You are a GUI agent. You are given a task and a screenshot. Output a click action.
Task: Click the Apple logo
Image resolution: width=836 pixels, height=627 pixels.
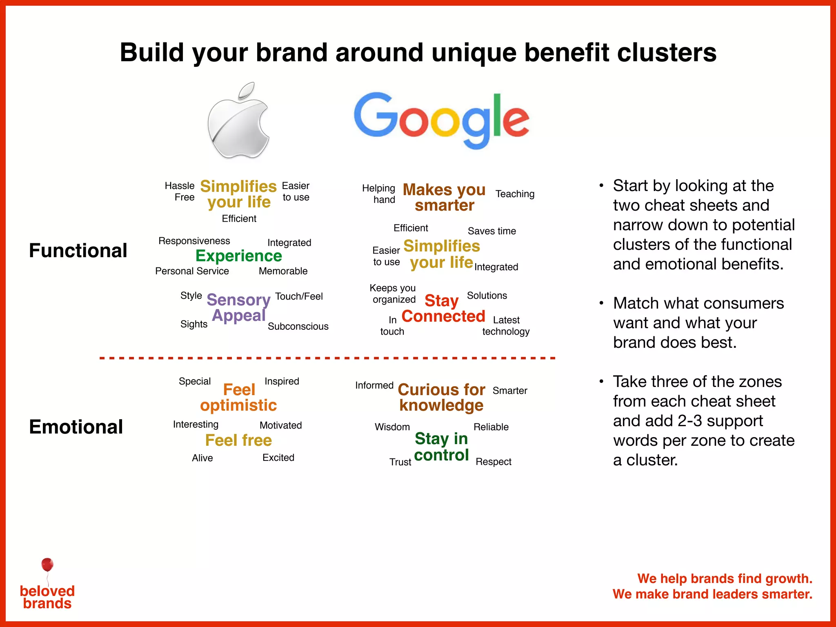coord(239,122)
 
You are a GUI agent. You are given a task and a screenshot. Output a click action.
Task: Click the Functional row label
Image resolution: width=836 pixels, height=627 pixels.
coord(78,250)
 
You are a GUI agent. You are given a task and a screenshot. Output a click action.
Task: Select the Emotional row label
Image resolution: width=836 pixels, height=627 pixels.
coord(76,427)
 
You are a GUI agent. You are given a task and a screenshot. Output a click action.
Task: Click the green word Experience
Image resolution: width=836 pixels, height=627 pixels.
coord(239,256)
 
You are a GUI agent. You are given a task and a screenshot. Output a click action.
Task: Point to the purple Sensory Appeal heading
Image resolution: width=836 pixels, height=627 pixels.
coord(239,307)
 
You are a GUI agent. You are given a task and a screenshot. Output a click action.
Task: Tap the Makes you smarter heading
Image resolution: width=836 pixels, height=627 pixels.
coord(444,197)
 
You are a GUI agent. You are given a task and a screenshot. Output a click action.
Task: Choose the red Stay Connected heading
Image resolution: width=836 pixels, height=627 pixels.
coord(443,309)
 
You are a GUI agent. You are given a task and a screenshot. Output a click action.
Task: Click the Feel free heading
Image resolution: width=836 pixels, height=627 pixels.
coord(238,440)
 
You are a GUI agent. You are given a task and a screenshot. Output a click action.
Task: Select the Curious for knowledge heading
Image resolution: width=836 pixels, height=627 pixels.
coord(441,397)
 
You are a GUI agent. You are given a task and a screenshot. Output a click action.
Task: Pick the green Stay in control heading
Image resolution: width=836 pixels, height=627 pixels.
coord(441,447)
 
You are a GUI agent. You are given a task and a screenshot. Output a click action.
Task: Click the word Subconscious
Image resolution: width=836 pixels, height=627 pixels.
coord(298,327)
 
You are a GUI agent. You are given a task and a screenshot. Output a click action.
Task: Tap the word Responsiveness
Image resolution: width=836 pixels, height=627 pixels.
coord(194,241)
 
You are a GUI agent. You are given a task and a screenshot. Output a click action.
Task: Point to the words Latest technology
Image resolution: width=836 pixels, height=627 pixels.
coord(506,326)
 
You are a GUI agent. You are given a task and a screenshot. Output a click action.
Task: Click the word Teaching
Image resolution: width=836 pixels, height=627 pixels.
coord(515,194)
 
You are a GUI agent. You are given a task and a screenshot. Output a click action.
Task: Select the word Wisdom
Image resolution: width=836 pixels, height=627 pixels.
coord(392,427)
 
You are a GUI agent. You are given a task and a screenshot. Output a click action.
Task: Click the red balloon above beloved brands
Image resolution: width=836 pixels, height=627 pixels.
coord(47,565)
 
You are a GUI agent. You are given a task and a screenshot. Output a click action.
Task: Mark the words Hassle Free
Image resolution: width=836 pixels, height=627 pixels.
coord(180,191)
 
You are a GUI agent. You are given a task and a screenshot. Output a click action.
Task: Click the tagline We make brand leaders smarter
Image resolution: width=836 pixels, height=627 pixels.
coord(712,594)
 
